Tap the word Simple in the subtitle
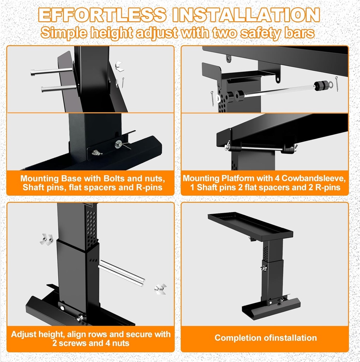(63, 33)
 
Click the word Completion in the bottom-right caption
(238, 338)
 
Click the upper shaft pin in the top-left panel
(52, 71)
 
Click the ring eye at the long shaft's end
(331, 85)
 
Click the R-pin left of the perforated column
(212, 98)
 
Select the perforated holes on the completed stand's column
(266, 253)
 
